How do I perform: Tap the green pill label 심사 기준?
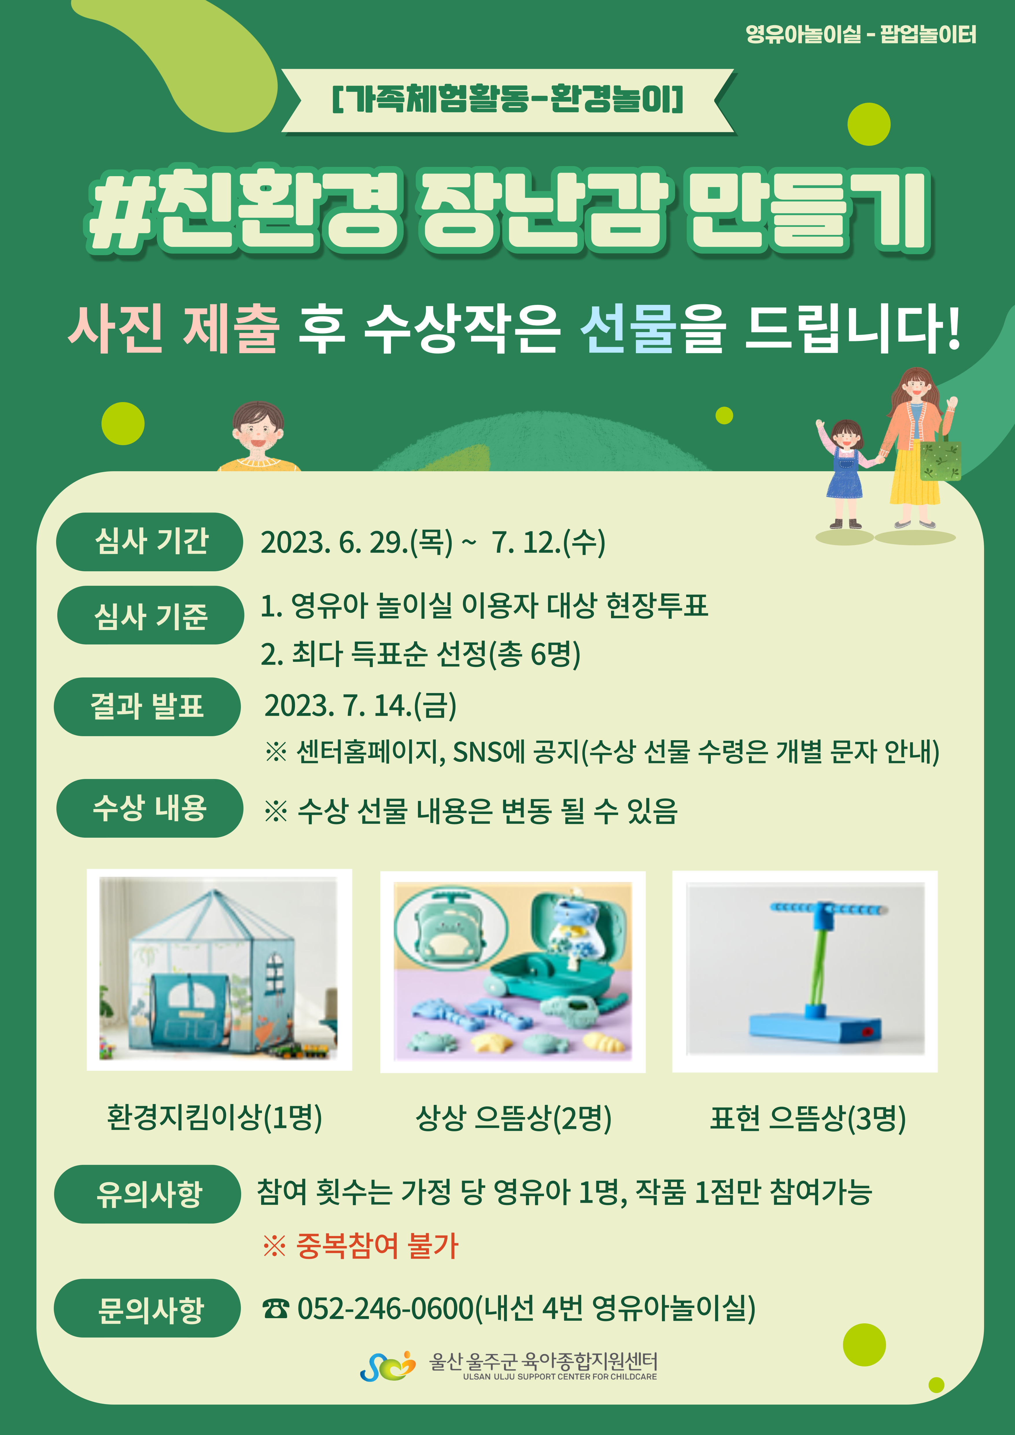point(150,615)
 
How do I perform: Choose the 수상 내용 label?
point(150,808)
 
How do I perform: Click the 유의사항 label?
point(147,1194)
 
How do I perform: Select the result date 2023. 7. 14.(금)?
point(361,705)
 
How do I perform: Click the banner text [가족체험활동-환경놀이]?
point(507,99)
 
